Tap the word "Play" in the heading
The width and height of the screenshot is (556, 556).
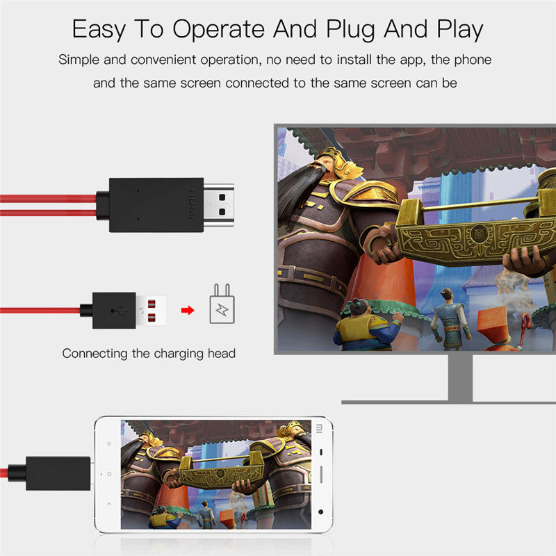click(x=456, y=30)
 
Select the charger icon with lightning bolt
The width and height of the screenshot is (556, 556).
click(x=223, y=306)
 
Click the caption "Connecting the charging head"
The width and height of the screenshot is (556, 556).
click(x=149, y=354)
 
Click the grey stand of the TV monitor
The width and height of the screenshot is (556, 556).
click(x=459, y=379)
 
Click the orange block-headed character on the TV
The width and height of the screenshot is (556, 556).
click(x=495, y=325)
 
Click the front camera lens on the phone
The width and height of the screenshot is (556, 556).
click(x=320, y=512)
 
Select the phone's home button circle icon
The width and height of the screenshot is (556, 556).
click(x=108, y=474)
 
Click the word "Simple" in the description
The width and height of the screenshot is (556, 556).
click(x=81, y=60)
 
